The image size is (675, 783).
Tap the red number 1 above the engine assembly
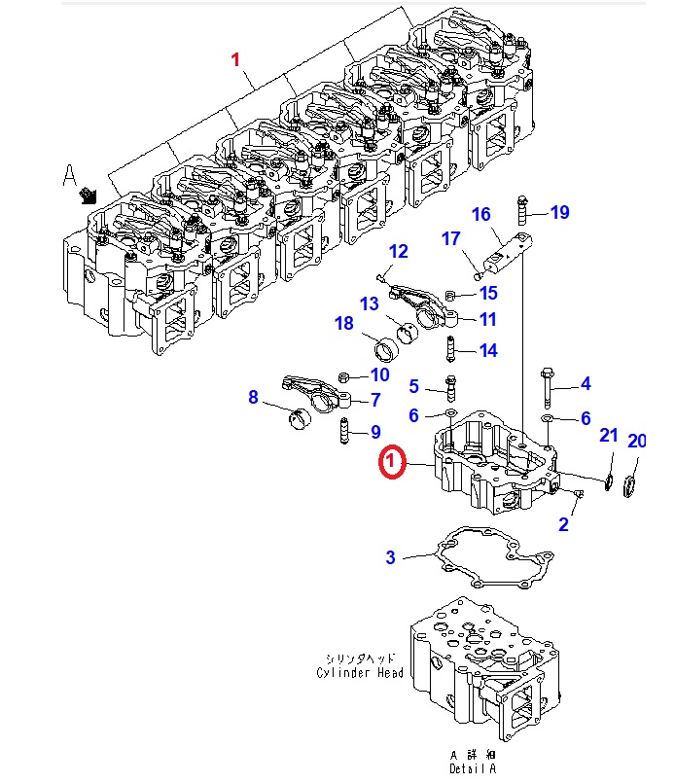point(233,60)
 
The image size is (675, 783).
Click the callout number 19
point(559,213)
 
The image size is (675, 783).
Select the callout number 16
point(480,215)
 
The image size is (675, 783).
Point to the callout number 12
point(399,252)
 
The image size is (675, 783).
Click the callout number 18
point(344,324)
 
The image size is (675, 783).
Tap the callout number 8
point(254,397)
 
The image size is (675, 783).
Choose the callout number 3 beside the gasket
point(390,557)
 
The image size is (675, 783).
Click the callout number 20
point(636,441)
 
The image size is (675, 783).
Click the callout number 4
point(586,384)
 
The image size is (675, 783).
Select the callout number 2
point(563,525)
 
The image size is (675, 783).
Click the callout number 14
point(487,351)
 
